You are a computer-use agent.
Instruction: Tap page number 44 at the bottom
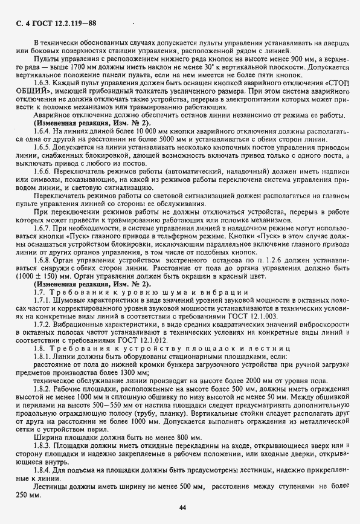(182, 507)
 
